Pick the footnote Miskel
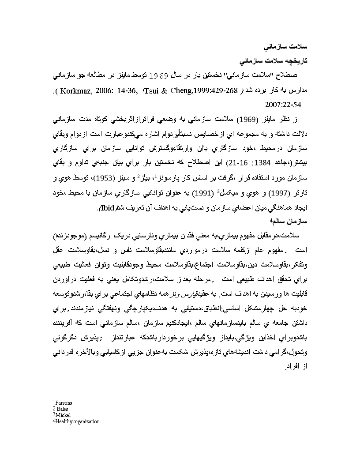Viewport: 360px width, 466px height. (63, 415)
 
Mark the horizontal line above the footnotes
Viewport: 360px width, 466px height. (95, 396)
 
